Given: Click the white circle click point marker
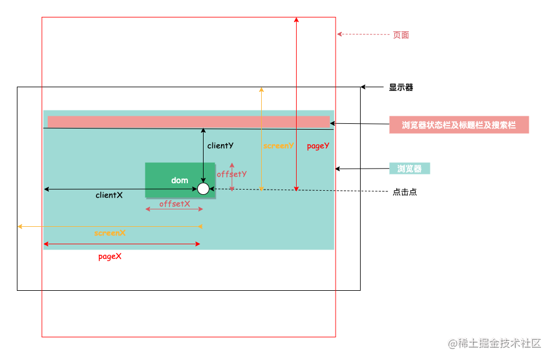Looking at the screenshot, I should pyautogui.click(x=203, y=188).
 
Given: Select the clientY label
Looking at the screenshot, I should pyautogui.click(x=220, y=146).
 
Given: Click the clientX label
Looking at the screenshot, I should pyautogui.click(x=109, y=195).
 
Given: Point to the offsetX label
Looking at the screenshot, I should pyautogui.click(x=174, y=204).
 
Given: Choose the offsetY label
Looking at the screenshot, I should pyautogui.click(x=232, y=174).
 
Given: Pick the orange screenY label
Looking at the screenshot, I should pyautogui.click(x=279, y=146).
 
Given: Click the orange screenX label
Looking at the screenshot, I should pyautogui.click(x=110, y=233).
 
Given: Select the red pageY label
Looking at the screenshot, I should pyautogui.click(x=318, y=146).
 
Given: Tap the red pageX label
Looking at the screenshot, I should pyautogui.click(x=110, y=256).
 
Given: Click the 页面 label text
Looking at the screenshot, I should pyautogui.click(x=401, y=35).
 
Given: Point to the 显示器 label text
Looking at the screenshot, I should pyautogui.click(x=401, y=87).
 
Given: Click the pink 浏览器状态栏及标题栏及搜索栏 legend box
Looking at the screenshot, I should pyautogui.click(x=459, y=125).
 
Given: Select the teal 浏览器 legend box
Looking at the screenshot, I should pyautogui.click(x=409, y=169).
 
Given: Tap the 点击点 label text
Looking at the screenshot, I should pyautogui.click(x=404, y=192).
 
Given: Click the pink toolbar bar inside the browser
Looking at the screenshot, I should pyautogui.click(x=188, y=122).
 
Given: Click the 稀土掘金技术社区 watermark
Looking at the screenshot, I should pyautogui.click(x=494, y=343).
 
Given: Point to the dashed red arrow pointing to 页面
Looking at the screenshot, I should pyautogui.click(x=363, y=34).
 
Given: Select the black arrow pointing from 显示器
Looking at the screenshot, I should pyautogui.click(x=372, y=87).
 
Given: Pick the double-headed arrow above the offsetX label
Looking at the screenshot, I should pyautogui.click(x=174, y=209).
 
